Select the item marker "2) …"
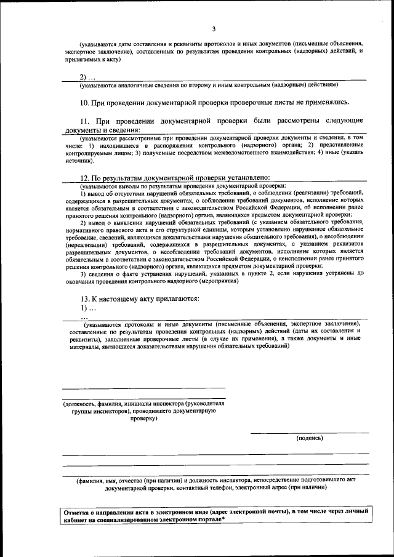[x=87, y=77]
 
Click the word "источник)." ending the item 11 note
[x=79, y=160]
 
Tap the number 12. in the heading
[x=86, y=177]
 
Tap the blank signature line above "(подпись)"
[x=309, y=432]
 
